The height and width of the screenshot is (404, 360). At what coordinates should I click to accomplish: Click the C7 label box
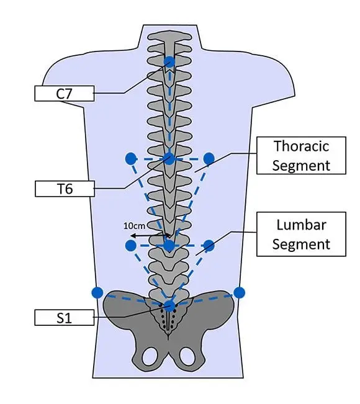pyautogui.click(x=65, y=94)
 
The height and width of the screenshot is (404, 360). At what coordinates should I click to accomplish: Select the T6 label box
pyautogui.click(x=65, y=189)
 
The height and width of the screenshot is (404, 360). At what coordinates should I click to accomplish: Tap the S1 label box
pyautogui.click(x=65, y=318)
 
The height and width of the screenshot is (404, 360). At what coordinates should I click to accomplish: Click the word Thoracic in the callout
pyautogui.click(x=301, y=146)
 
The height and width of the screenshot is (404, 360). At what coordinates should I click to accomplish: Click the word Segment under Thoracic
pyautogui.click(x=301, y=165)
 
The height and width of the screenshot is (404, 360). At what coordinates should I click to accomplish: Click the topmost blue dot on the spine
pyautogui.click(x=169, y=61)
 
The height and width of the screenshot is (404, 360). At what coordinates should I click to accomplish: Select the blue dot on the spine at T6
pyautogui.click(x=169, y=158)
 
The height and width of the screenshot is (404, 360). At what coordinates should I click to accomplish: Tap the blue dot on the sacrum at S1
pyautogui.click(x=169, y=305)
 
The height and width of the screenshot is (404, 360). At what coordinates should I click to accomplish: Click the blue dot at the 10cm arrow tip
pyautogui.click(x=130, y=246)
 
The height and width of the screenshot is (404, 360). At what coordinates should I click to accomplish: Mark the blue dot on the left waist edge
pyautogui.click(x=97, y=292)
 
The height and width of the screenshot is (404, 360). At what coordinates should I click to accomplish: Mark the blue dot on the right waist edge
pyautogui.click(x=240, y=292)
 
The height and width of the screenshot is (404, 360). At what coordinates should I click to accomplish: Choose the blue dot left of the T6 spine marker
pyautogui.click(x=130, y=159)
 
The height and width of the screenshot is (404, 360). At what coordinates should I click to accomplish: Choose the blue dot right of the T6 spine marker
pyautogui.click(x=209, y=159)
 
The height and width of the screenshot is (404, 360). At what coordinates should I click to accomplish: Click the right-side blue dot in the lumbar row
pyautogui.click(x=209, y=246)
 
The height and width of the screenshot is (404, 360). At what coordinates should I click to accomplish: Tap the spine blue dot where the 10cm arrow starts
pyautogui.click(x=169, y=246)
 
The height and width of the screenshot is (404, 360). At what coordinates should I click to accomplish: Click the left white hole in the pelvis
pyautogui.click(x=150, y=356)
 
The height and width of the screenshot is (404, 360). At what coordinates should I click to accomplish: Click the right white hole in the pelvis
pyautogui.click(x=187, y=356)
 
